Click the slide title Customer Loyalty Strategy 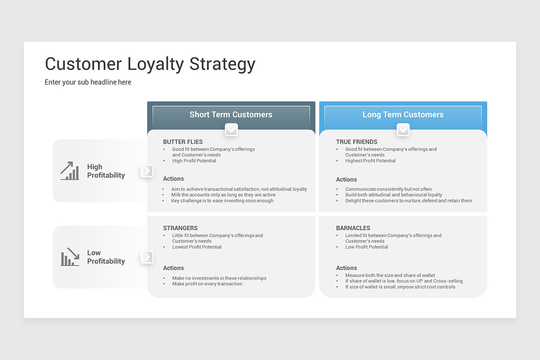click(x=150, y=64)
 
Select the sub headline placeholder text click(x=88, y=82)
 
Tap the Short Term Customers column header click(x=231, y=114)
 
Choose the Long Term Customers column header click(x=403, y=114)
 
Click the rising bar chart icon click(x=70, y=171)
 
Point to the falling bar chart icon click(x=70, y=257)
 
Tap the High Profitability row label click(x=106, y=171)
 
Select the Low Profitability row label click(x=106, y=257)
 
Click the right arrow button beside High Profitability click(x=147, y=171)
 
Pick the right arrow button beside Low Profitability click(x=147, y=257)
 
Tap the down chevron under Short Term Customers click(x=231, y=130)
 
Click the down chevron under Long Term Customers click(x=403, y=130)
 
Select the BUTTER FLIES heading click(x=183, y=142)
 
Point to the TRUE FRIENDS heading click(x=356, y=142)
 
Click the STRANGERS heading click(x=180, y=228)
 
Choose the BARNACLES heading click(x=353, y=228)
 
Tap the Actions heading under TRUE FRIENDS click(x=346, y=180)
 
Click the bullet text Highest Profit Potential click(x=370, y=161)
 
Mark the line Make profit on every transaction click(x=207, y=284)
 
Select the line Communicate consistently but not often click(x=388, y=189)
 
